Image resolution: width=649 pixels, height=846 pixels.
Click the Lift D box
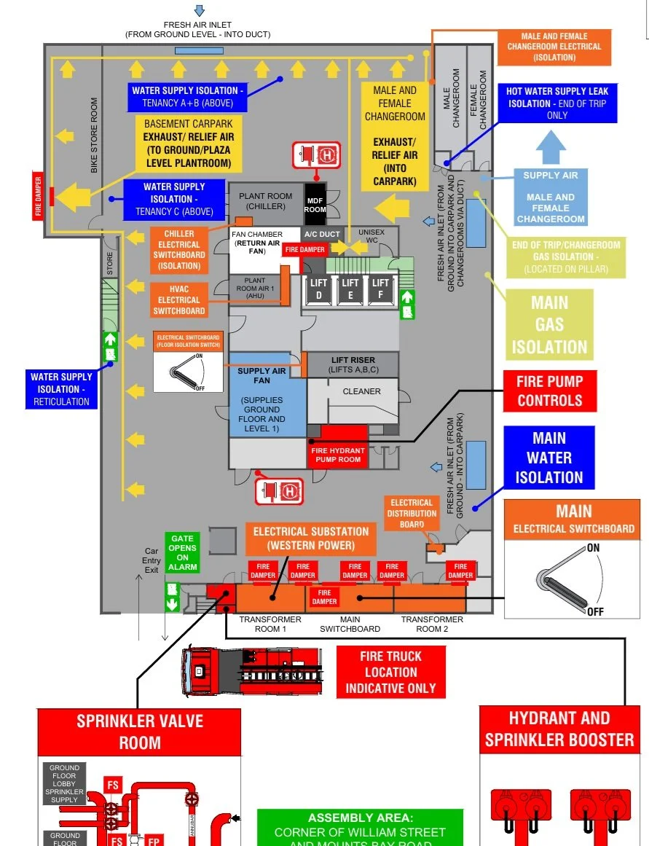point(318,289)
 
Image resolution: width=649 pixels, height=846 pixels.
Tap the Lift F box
point(380,289)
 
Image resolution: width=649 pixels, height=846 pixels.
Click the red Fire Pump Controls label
point(549,391)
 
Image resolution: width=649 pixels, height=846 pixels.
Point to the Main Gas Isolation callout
point(549,324)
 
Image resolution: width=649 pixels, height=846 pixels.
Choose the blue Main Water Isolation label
point(549,458)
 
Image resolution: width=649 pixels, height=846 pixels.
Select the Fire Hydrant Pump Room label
point(338,455)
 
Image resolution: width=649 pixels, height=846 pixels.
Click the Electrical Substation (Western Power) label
point(311,538)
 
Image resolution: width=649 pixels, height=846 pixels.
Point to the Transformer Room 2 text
point(432,624)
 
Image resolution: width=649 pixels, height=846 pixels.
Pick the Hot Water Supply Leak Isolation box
point(557,103)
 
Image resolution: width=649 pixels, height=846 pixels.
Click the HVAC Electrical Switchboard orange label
point(178,299)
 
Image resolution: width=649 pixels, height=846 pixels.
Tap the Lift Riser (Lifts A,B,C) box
point(353,365)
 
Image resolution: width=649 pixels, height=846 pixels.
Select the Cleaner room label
point(361,391)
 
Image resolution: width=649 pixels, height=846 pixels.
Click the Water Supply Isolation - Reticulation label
point(61,389)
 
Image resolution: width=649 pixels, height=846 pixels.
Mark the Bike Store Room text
point(94,136)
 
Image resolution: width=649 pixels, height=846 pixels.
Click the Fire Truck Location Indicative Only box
point(390,672)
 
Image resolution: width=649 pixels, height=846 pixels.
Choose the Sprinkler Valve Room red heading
point(139,732)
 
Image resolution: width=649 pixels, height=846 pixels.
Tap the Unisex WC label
point(371,236)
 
